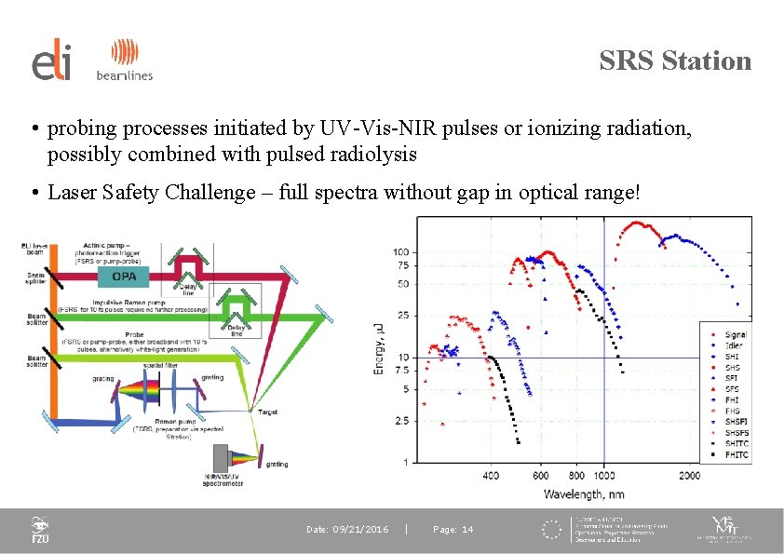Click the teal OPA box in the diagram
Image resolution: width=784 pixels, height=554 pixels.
pos(124,276)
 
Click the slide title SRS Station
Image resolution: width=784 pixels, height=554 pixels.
pos(675,61)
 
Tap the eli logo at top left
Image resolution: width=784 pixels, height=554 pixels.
pos(52,61)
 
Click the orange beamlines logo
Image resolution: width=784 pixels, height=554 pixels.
pos(124,61)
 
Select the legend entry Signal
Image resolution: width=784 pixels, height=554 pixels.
pos(735,334)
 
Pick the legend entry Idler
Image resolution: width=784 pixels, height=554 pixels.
pos(733,345)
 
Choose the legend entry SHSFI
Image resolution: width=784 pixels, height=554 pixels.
pos(736,423)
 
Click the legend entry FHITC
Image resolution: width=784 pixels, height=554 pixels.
pos(737,455)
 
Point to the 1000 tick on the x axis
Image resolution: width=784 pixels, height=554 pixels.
pos(603,477)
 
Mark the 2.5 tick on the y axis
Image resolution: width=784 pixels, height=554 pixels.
pos(401,422)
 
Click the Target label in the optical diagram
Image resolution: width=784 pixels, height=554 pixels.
pos(268,411)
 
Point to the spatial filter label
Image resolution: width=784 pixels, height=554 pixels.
pos(160,366)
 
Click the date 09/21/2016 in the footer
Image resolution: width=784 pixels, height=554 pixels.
pos(347,530)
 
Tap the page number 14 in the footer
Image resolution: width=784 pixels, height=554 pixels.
pos(453,530)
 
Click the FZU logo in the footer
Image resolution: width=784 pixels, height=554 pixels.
pos(40,531)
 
